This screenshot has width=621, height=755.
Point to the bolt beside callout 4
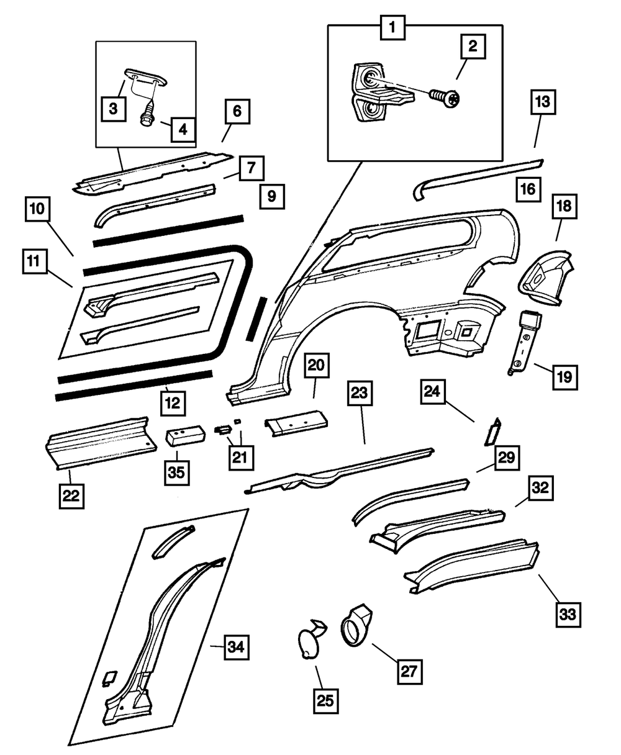[x=148, y=114]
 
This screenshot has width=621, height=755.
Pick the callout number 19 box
[x=565, y=376]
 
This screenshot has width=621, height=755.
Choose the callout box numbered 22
[x=72, y=495]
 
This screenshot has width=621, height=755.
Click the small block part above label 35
[x=184, y=435]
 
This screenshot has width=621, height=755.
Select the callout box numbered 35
[x=178, y=473]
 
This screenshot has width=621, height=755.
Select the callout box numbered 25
[x=326, y=701]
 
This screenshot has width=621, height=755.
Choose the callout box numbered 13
[x=543, y=103]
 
